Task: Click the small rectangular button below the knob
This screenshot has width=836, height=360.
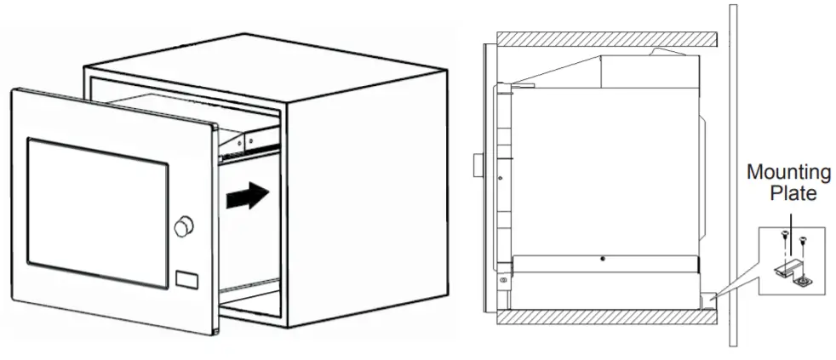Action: point(186,278)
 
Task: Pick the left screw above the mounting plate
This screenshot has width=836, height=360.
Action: point(782,243)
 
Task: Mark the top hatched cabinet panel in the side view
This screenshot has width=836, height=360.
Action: point(604,40)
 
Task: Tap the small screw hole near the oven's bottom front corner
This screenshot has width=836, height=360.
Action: point(504,280)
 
